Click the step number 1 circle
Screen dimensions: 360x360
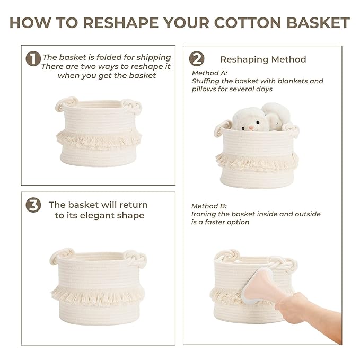pyautogui.click(x=33, y=59)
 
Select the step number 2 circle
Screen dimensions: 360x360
pyautogui.click(x=197, y=59)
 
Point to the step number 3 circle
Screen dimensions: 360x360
pyautogui.click(x=33, y=206)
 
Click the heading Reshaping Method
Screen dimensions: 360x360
pyautogui.click(x=263, y=59)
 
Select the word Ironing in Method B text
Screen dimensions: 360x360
pyautogui.click(x=205, y=214)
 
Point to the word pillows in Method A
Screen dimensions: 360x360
pyautogui.click(x=205, y=90)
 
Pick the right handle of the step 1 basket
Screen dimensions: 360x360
pyautogui.click(x=133, y=106)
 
